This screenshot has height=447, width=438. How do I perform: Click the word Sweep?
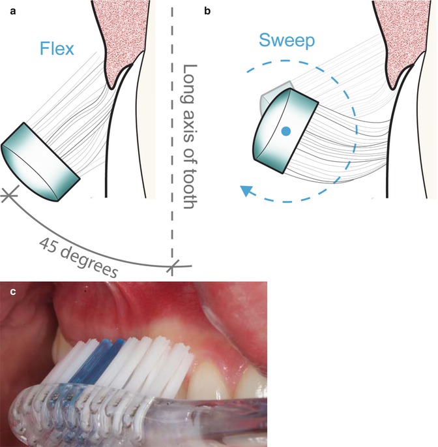[x=287, y=41]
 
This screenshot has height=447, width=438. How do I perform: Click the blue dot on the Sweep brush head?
[x=285, y=131]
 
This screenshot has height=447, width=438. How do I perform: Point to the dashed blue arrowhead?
[x=246, y=191]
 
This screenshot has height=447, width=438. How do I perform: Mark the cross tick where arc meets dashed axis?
[x=173, y=266]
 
